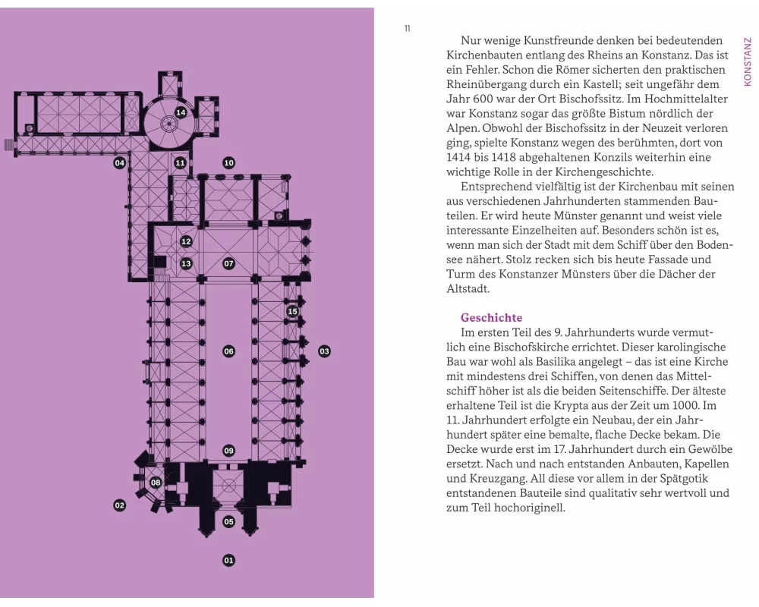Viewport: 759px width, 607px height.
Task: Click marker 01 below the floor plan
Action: tap(228, 561)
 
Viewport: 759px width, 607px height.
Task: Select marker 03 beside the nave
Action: tap(324, 351)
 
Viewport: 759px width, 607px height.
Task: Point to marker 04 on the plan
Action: tap(119, 163)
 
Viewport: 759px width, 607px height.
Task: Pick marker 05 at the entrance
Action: tap(228, 522)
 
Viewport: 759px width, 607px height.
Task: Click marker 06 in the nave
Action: tap(228, 351)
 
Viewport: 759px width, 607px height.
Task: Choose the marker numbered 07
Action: tap(228, 264)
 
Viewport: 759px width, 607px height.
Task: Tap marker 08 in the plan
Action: tap(156, 483)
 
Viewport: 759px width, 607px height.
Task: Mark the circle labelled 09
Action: tap(228, 451)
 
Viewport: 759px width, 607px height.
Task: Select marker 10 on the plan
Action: tap(228, 163)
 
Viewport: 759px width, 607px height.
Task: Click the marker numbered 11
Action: tap(180, 163)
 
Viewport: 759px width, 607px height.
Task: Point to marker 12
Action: tap(186, 242)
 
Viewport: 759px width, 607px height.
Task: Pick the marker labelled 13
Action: tap(186, 264)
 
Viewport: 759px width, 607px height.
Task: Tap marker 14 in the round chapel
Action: tap(181, 113)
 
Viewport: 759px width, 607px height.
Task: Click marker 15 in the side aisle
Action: tap(293, 311)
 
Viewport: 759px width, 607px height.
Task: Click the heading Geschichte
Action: tap(491, 318)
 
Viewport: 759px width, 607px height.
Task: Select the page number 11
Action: tap(408, 29)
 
